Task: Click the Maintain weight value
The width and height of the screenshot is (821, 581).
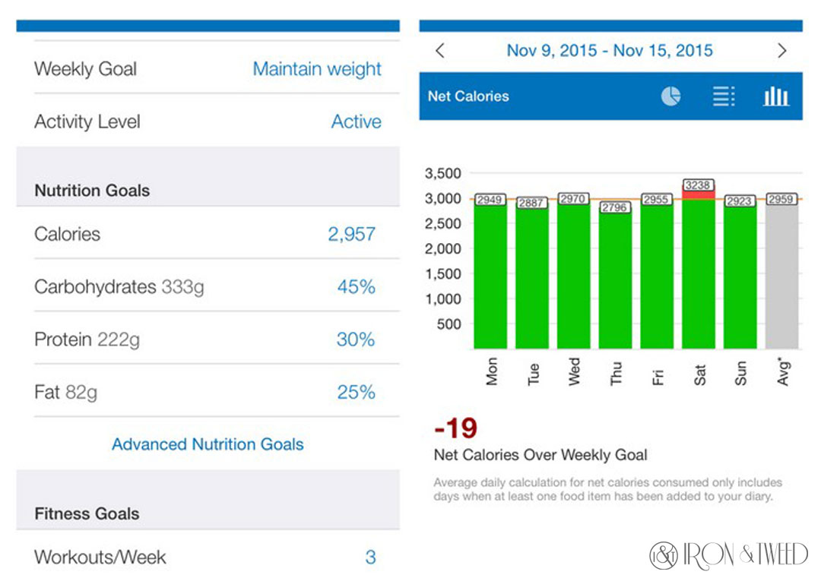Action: (x=317, y=69)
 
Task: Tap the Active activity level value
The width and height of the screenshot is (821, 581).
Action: (x=356, y=122)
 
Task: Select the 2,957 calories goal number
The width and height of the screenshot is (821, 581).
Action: (x=351, y=234)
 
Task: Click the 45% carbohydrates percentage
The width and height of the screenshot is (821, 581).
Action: (x=356, y=287)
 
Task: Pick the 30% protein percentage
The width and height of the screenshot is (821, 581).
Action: (x=356, y=339)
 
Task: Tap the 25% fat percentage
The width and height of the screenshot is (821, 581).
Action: (x=356, y=392)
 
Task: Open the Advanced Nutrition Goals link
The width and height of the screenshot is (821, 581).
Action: (x=208, y=444)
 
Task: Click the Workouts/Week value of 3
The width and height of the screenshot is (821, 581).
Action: (x=370, y=557)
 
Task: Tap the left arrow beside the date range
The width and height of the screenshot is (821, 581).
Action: (x=439, y=51)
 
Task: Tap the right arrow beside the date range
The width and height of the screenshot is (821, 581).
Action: (x=782, y=51)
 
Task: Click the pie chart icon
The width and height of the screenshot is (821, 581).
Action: (x=670, y=96)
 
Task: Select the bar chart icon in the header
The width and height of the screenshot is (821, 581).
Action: (x=775, y=96)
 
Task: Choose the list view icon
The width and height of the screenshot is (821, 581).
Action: (x=723, y=96)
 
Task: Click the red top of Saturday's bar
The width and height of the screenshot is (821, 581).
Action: (x=699, y=194)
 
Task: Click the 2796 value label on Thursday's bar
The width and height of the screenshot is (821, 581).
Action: (x=615, y=207)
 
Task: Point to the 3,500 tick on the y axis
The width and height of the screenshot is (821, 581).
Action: (x=442, y=173)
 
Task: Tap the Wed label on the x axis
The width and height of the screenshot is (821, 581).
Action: (x=574, y=371)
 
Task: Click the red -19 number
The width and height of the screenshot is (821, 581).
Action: (x=455, y=428)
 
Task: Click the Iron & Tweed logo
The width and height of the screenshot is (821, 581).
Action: (x=728, y=555)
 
